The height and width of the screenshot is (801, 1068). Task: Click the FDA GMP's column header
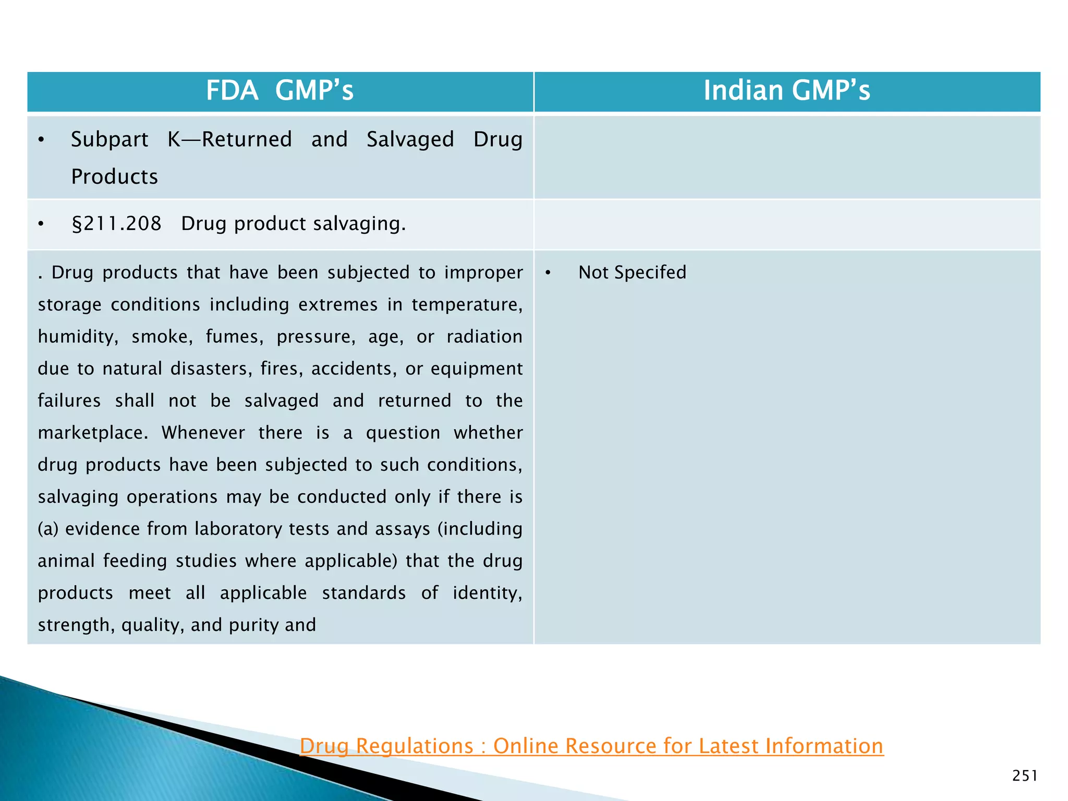pyautogui.click(x=280, y=90)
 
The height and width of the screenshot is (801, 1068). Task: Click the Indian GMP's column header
pyautogui.click(x=786, y=90)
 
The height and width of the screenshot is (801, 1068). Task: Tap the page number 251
pyautogui.click(x=1024, y=776)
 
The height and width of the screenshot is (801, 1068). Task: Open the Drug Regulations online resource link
pyautogui.click(x=591, y=746)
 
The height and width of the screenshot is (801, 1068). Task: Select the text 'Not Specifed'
pyautogui.click(x=632, y=272)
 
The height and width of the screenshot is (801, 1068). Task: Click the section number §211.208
pyautogui.click(x=116, y=224)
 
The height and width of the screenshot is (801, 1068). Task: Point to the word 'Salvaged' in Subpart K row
pyautogui.click(x=410, y=140)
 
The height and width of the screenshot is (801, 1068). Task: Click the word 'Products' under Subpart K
pyautogui.click(x=114, y=177)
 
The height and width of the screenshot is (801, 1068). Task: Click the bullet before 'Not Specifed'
pyautogui.click(x=548, y=273)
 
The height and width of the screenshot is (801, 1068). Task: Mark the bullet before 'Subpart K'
pyautogui.click(x=41, y=140)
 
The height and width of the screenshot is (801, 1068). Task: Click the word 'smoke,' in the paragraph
pyautogui.click(x=162, y=337)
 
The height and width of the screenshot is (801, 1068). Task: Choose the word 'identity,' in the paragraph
pyautogui.click(x=487, y=593)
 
